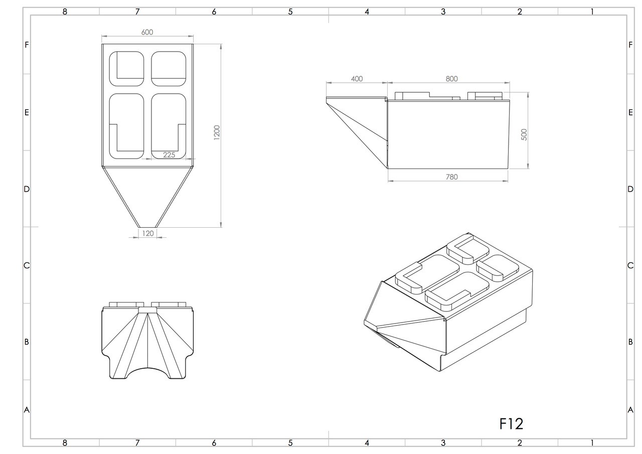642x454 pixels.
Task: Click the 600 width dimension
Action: coord(147,32)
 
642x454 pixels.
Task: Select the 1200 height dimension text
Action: coord(217,133)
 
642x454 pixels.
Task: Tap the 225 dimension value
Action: coord(169,155)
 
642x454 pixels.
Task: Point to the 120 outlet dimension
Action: coord(147,233)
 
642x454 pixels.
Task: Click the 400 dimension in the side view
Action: coord(357,79)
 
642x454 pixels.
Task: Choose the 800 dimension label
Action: coord(451,79)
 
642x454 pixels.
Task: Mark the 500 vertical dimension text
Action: coord(524,134)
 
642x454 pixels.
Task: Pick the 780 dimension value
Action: coord(451,177)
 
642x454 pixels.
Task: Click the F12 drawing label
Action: coord(511,424)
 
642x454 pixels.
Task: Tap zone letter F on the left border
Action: coord(27,45)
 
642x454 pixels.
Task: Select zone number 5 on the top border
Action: coord(290,12)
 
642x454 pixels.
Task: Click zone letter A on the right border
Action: coord(630,410)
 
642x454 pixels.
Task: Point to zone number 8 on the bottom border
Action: coord(65,443)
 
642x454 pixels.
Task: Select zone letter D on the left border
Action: coord(27,189)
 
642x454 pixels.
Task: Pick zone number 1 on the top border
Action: coord(592,12)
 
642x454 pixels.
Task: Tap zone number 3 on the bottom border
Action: coord(443,443)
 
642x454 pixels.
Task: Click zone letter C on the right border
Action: coord(630,265)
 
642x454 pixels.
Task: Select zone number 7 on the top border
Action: coord(137,12)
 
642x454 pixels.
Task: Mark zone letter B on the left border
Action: coord(27,342)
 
